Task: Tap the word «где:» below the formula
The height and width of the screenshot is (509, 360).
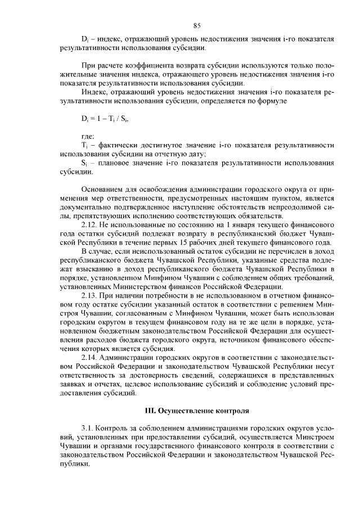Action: pyautogui.click(x=88, y=137)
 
